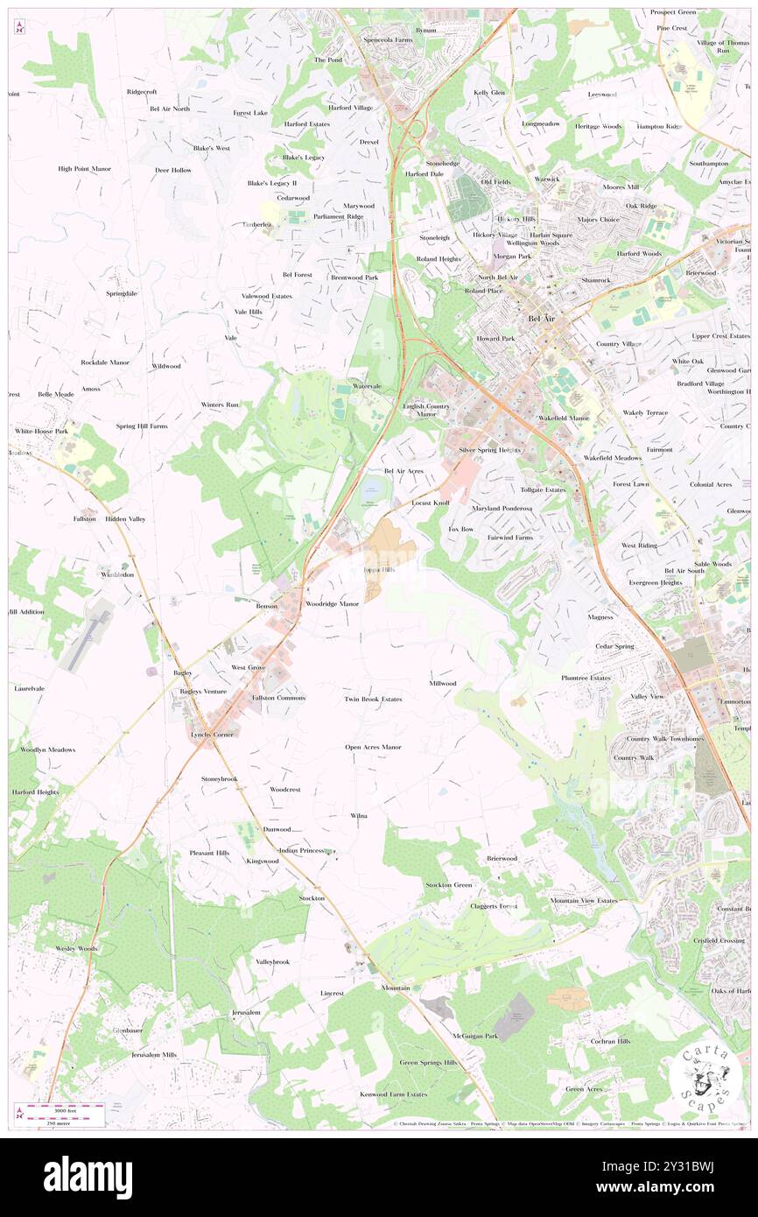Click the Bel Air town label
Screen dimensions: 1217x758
pyautogui.click(x=541, y=319)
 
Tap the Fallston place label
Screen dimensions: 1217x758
pyautogui.click(x=84, y=519)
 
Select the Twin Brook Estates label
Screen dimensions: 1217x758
pyautogui.click(x=373, y=700)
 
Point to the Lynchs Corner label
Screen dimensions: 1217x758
pyautogui.click(x=212, y=735)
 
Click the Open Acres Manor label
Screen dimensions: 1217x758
pyautogui.click(x=373, y=747)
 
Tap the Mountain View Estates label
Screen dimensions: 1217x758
pyautogui.click(x=583, y=900)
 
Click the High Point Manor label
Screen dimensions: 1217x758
pyautogui.click(x=84, y=169)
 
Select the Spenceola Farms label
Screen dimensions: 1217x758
pyautogui.click(x=388, y=40)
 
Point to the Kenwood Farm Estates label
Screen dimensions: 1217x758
pyautogui.click(x=393, y=1094)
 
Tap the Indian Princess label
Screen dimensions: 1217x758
pyautogui.click(x=301, y=850)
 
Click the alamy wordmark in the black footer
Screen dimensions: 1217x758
pyautogui.click(x=88, y=1178)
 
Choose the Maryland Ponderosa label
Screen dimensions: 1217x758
pyautogui.click(x=502, y=509)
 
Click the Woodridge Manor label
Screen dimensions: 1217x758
pyautogui.click(x=332, y=604)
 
